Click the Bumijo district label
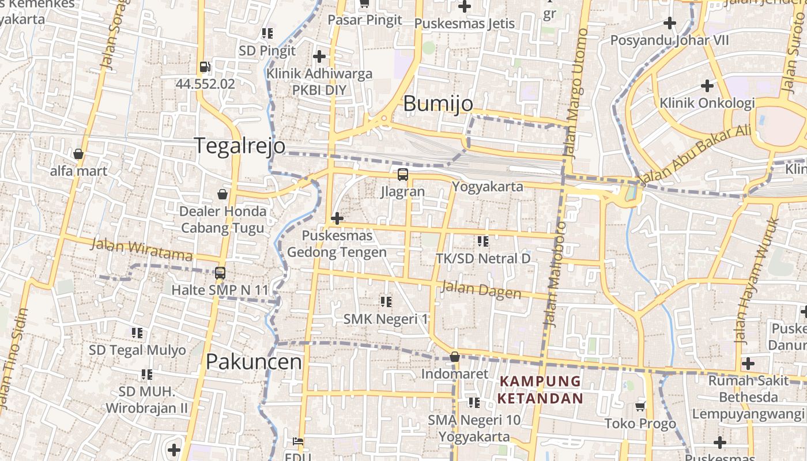438,104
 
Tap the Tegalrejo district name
239,145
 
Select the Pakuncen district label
254,362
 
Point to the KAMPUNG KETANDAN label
541,390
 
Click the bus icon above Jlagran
402,175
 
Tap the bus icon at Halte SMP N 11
220,273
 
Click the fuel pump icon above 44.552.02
205,67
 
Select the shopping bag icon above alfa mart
78,154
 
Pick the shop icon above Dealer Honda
223,194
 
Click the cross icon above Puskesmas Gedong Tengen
337,218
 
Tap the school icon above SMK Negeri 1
386,301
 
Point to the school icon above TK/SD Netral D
482,241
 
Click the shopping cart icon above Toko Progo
640,407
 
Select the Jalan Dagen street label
481,290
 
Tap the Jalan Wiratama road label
142,249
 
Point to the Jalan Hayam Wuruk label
756,280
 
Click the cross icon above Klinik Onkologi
707,86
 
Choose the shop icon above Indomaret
455,357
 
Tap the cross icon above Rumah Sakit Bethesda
748,364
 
